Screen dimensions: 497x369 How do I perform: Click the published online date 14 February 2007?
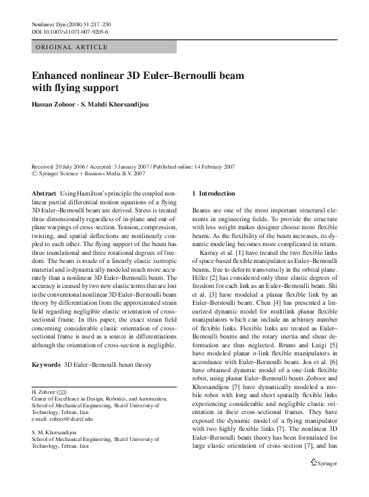click(211, 166)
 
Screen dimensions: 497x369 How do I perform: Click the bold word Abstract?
click(44, 193)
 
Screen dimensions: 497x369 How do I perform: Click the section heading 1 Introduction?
click(214, 193)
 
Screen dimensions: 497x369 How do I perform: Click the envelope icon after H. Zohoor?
click(62, 392)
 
